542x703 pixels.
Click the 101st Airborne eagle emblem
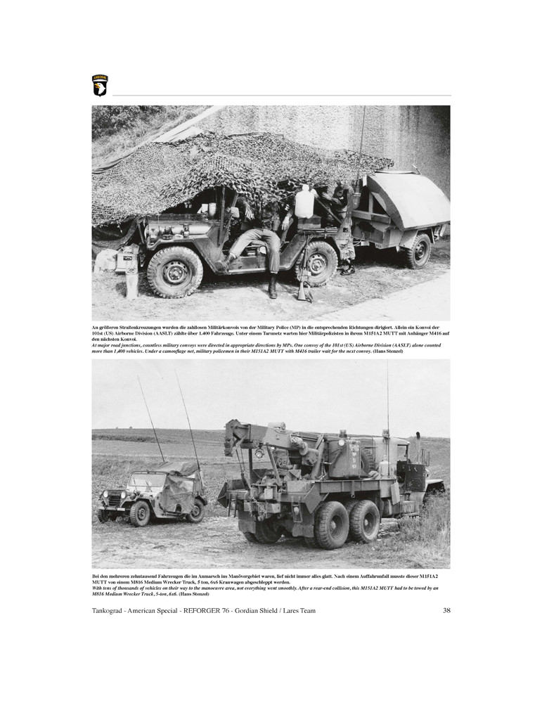[x=100, y=86]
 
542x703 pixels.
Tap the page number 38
[x=446, y=610]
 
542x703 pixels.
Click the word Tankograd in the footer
[x=113, y=610]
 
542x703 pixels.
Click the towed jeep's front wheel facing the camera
[x=140, y=514]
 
